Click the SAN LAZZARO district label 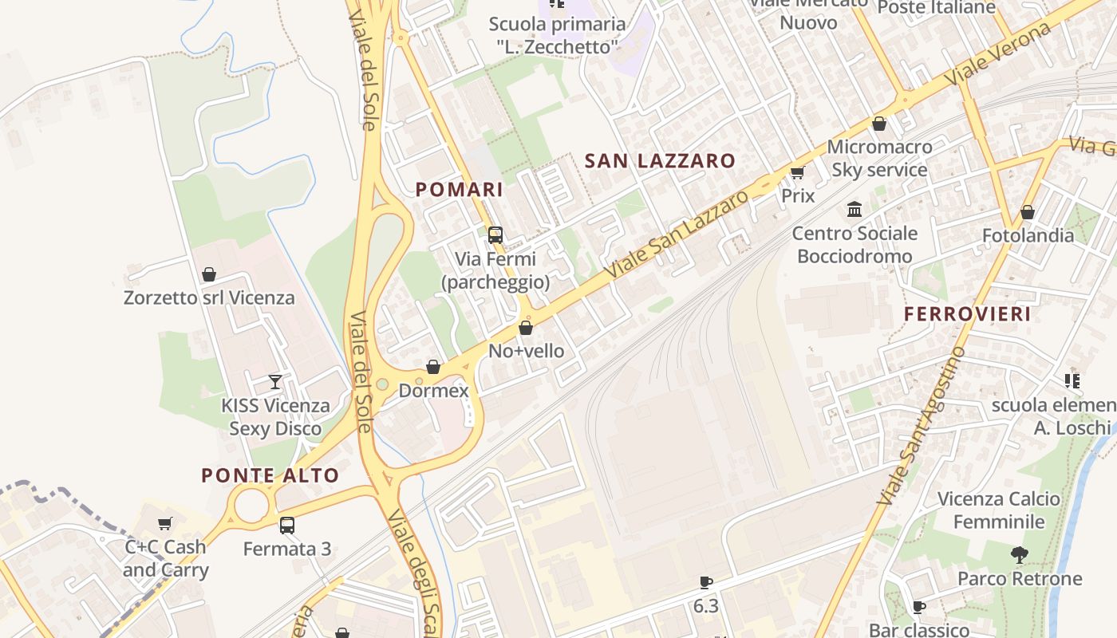pos(660,161)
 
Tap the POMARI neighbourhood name pos(460,190)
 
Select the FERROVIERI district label pos(967,314)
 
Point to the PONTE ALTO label pos(270,476)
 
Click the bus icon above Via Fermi pos(495,235)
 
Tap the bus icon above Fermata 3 pos(286,526)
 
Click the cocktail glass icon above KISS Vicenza pos(275,381)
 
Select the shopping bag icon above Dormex pos(433,368)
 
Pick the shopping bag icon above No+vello pos(526,328)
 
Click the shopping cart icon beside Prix pos(797,172)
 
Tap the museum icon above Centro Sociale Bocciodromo pos(855,210)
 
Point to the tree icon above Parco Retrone pos(1019,555)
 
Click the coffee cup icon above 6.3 pos(705,582)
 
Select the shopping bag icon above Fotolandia pos(1028,212)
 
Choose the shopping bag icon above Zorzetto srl pos(209,275)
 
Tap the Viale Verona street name pos(997,55)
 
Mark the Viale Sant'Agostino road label pos(921,427)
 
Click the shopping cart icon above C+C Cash pos(165,524)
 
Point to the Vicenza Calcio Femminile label pos(999,510)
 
